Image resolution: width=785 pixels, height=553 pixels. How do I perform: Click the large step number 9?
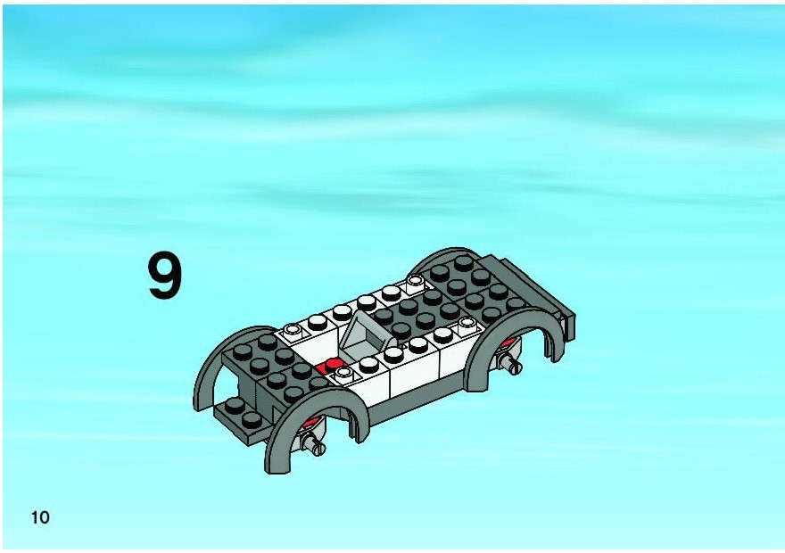tap(164, 276)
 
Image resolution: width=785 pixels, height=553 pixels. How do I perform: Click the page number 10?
tap(40, 517)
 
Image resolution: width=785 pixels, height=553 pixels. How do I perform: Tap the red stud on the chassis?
tap(330, 365)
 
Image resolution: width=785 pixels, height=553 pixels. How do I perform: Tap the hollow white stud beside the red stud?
tap(344, 373)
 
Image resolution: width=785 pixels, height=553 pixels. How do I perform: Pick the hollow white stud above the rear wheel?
tap(467, 325)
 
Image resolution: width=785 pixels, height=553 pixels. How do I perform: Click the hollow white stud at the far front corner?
tap(293, 331)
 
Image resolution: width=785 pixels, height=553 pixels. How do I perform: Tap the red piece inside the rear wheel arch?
tap(508, 343)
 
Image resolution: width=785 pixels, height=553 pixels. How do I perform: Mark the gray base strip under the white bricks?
tap(416, 400)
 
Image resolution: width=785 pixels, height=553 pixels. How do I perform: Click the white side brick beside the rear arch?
tap(451, 359)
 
